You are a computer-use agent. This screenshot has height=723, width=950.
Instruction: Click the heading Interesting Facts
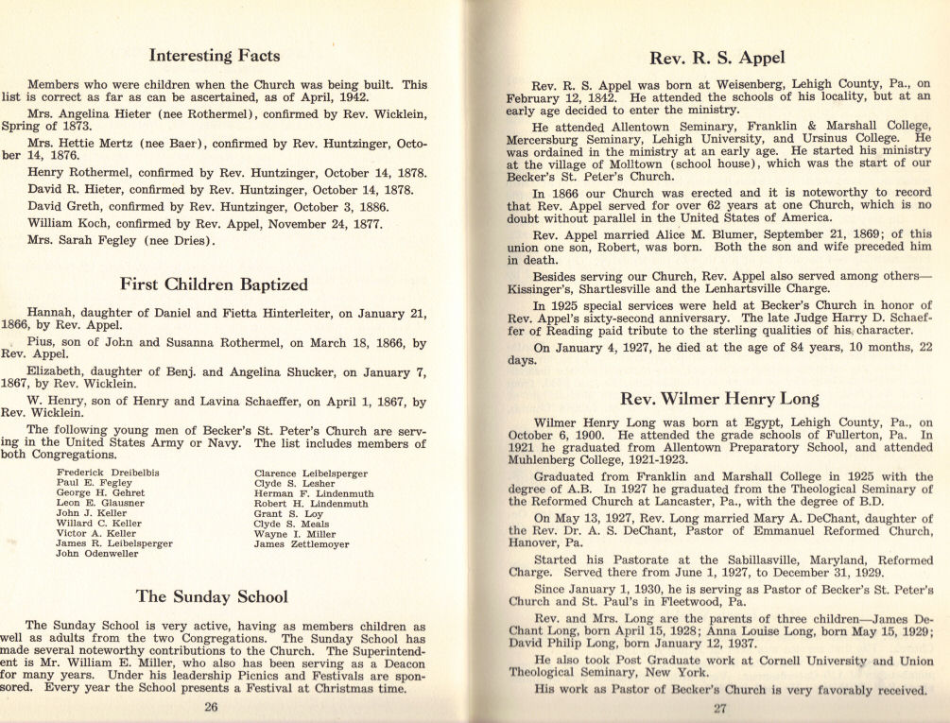[215, 56]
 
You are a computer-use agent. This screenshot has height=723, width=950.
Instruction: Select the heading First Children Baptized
[215, 284]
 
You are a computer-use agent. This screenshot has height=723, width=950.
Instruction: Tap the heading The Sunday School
[212, 596]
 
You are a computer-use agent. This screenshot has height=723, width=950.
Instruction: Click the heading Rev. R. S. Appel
[717, 58]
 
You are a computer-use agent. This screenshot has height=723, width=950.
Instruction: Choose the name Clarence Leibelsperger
[310, 473]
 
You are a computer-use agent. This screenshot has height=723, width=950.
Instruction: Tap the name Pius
[41, 344]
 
